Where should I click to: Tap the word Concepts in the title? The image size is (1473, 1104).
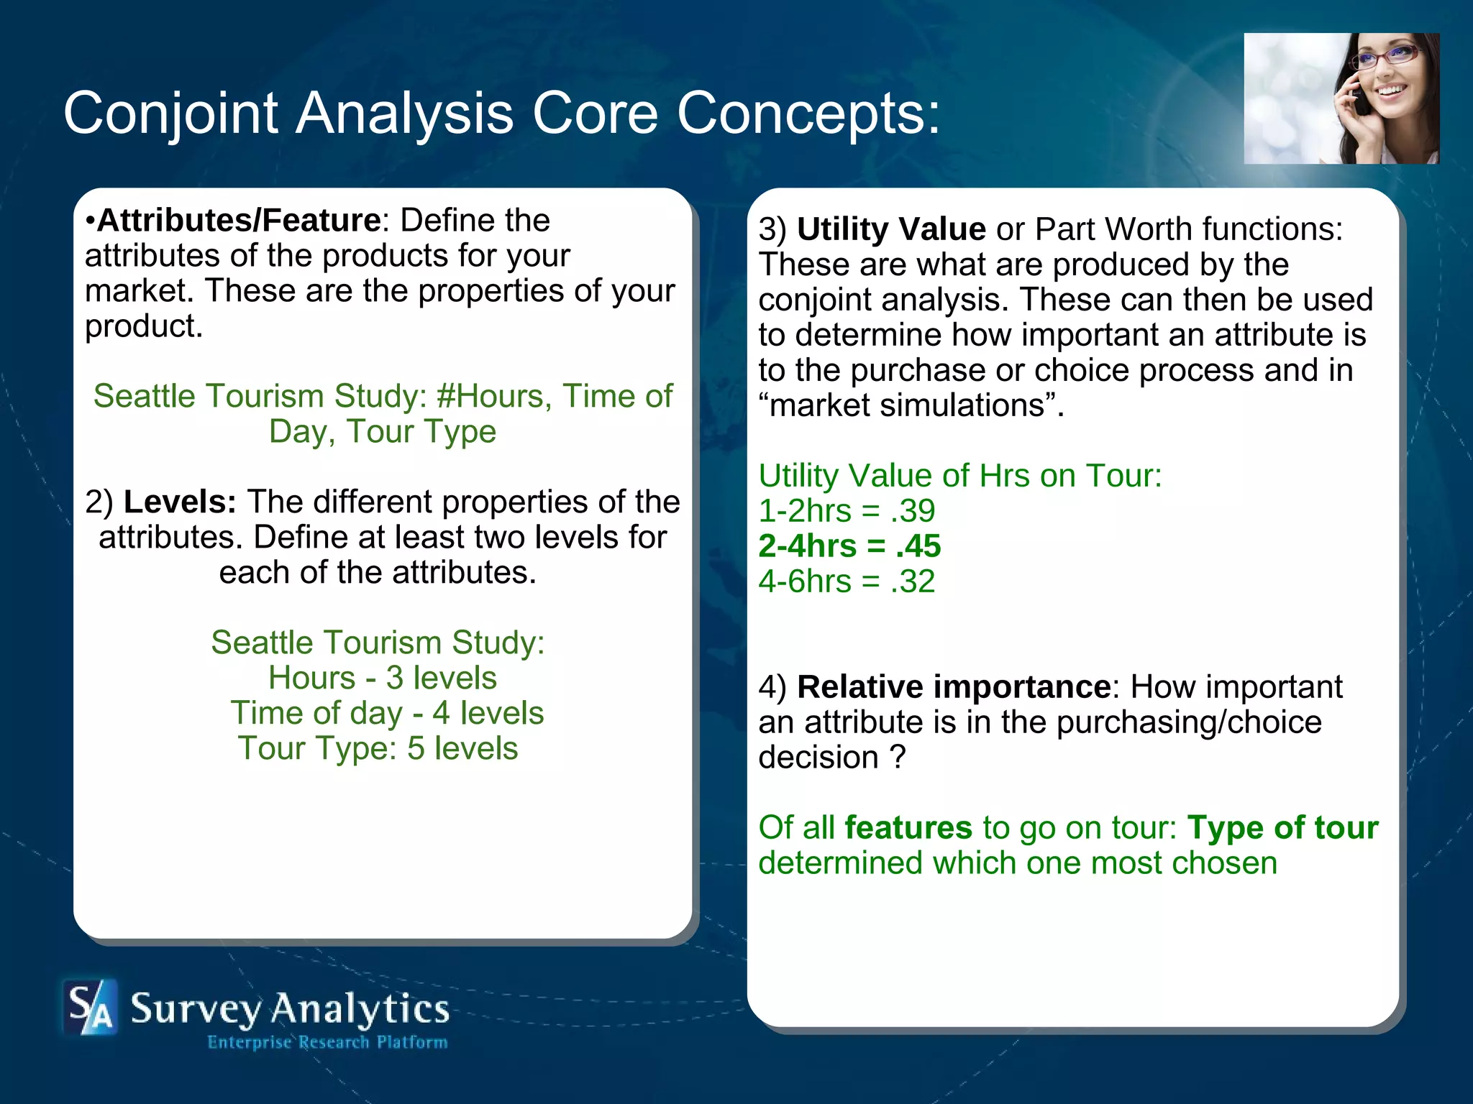tap(808, 114)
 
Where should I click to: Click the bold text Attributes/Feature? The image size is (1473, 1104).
tap(239, 220)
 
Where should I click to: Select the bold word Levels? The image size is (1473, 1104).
tap(180, 502)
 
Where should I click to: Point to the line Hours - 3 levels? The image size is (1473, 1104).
tap(382, 678)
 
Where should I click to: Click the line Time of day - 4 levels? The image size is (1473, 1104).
tap(387, 713)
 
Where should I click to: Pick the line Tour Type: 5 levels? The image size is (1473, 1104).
tap(378, 748)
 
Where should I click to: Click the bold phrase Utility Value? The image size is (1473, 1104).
tap(891, 229)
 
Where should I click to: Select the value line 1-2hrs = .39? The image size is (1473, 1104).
tap(847, 511)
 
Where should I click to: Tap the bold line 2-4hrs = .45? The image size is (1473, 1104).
tap(849, 546)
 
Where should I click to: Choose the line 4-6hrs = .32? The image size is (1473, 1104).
tap(847, 581)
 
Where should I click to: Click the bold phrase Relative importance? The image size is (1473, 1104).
tap(954, 687)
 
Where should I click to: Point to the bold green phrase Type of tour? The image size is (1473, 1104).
tap(1282, 828)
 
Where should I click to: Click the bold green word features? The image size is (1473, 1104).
tap(908, 828)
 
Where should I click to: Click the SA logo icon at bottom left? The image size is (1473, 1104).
tap(89, 1007)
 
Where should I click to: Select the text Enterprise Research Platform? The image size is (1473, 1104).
tap(327, 1042)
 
